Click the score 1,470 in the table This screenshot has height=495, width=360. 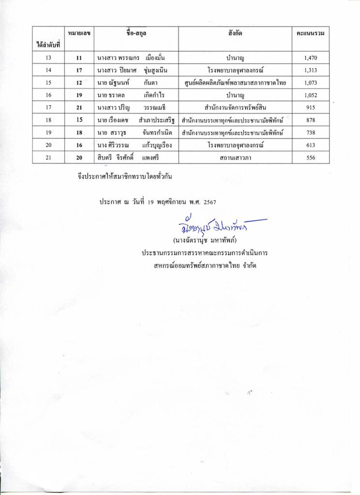coord(310,58)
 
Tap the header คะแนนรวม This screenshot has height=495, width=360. coord(310,33)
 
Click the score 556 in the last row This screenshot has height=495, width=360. coord(310,158)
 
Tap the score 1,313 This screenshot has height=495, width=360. coord(310,71)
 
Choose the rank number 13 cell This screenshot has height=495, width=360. coord(48,58)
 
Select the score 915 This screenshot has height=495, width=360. coord(310,107)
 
